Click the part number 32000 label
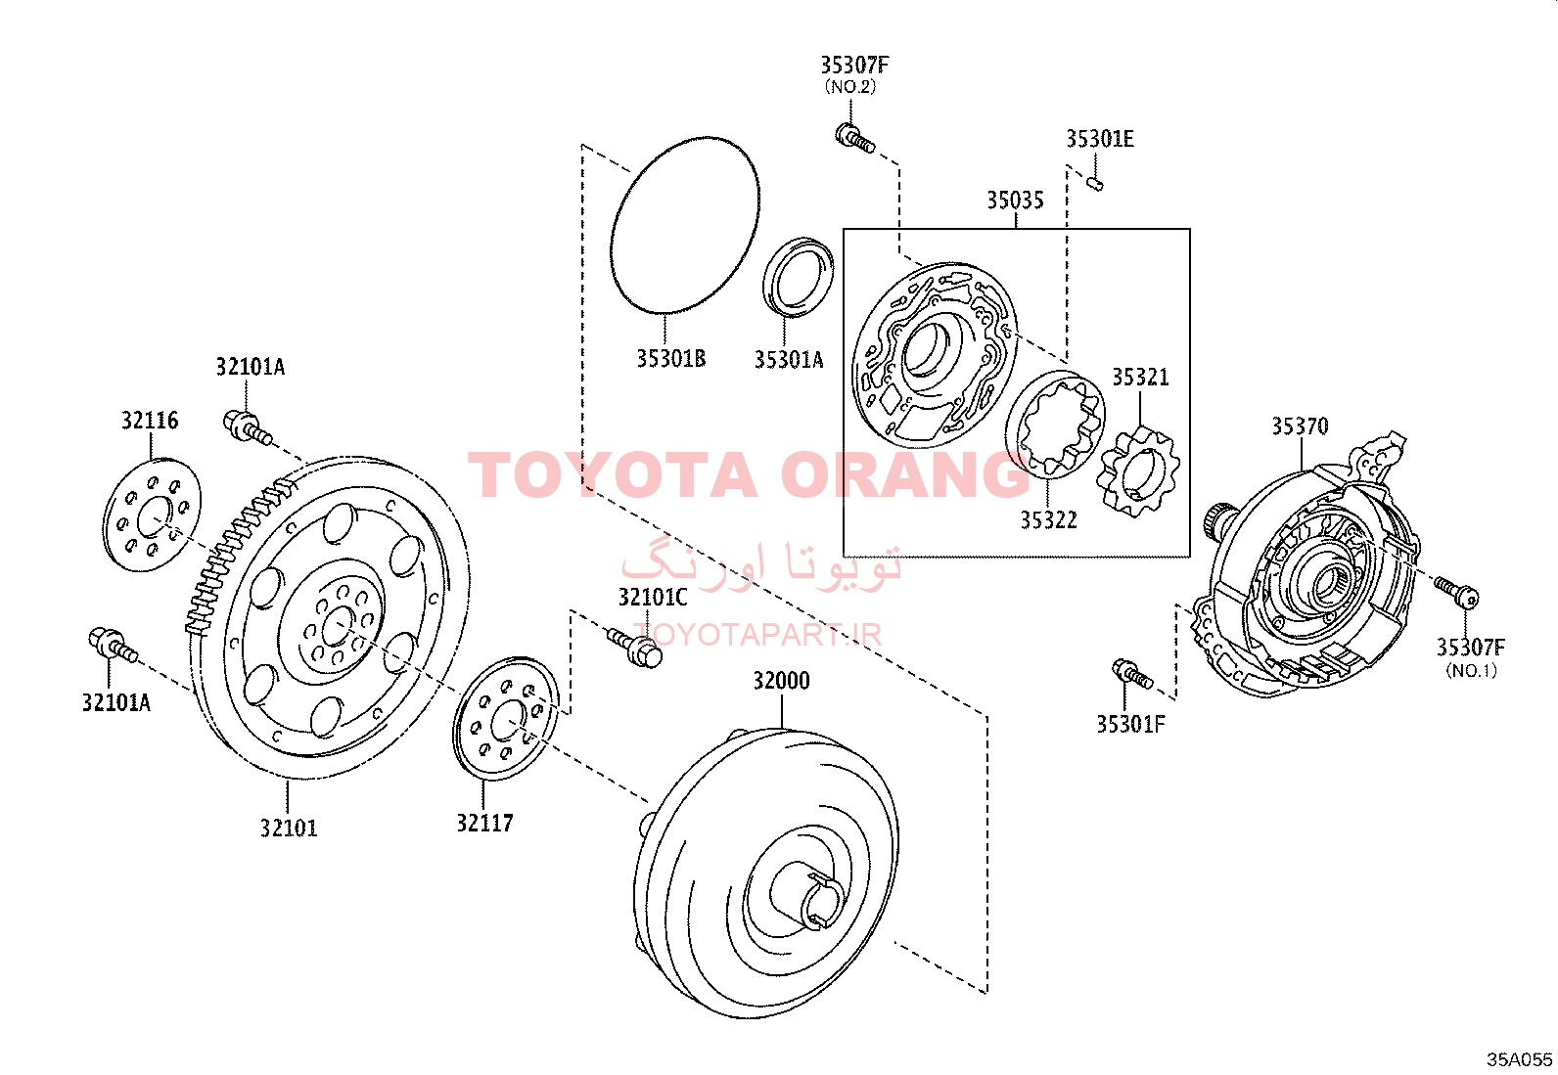coord(781,681)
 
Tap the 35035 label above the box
coord(1016,201)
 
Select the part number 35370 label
coord(1300,426)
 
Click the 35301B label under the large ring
coord(671,359)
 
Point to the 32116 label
coord(150,421)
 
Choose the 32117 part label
coord(484,824)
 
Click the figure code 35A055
coord(1520,1059)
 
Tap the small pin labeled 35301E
coord(1095,184)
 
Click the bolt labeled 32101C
coord(636,647)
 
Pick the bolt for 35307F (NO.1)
coord(1456,592)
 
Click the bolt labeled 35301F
coord(1132,673)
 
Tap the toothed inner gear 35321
coord(1138,472)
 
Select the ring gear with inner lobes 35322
coord(1054,425)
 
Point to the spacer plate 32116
coord(152,515)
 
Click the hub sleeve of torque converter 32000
coord(806,896)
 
